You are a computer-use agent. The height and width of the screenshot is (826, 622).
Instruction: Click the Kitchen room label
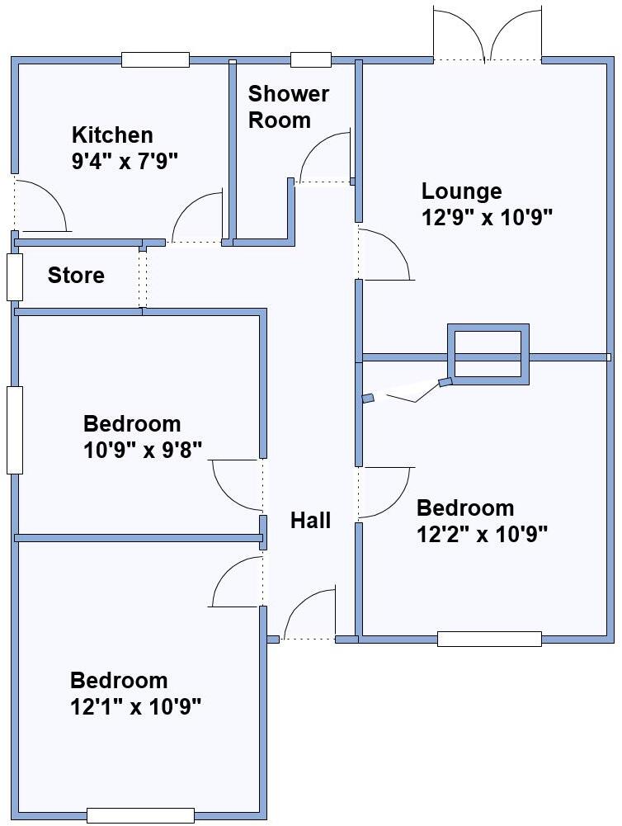(112, 135)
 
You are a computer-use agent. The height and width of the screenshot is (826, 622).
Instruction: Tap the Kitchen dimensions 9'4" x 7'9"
(125, 161)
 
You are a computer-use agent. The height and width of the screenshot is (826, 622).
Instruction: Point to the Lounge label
(461, 191)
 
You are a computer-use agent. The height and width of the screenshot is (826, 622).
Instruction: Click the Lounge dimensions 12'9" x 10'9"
(486, 218)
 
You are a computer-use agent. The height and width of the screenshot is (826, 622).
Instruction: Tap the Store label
(76, 276)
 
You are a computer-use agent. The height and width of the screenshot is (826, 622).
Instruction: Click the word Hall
(310, 521)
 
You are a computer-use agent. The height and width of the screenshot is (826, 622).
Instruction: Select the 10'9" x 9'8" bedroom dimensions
(143, 450)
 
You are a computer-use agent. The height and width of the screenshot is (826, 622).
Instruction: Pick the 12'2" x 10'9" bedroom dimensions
(483, 534)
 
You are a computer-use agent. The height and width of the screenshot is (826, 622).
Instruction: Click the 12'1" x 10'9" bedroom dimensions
(136, 706)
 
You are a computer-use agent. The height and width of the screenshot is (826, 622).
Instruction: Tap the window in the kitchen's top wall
(155, 59)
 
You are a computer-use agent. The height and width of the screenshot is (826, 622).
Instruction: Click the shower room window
(310, 59)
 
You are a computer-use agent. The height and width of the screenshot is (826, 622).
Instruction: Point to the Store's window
(15, 276)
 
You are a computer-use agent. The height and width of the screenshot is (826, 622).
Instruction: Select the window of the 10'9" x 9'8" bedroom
(15, 429)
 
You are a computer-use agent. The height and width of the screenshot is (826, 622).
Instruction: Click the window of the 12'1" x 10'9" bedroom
(140, 815)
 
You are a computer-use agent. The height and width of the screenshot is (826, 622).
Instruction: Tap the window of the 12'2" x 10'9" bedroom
(489, 639)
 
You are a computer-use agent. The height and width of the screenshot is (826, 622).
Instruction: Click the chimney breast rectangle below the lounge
(488, 353)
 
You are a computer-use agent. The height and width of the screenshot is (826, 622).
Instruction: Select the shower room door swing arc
(322, 157)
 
